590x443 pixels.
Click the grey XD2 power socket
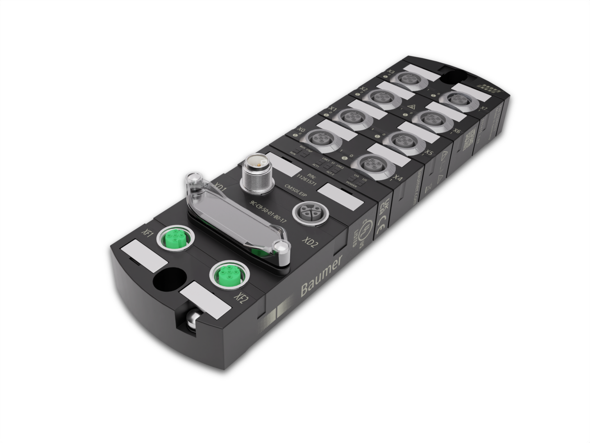coord(304,212)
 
